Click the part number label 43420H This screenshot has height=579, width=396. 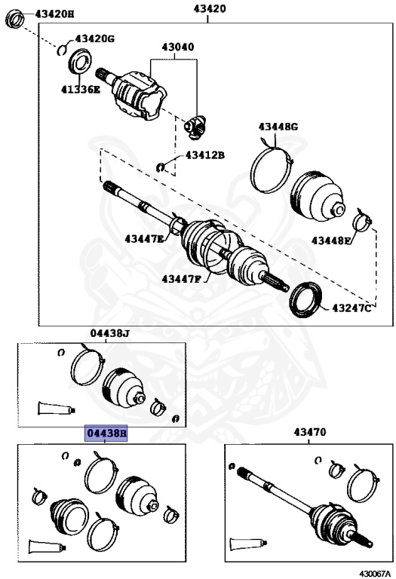[53, 14]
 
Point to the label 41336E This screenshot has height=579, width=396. [81, 88]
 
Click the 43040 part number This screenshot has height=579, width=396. [177, 47]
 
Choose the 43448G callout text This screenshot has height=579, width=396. [278, 126]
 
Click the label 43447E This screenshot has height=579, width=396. [145, 238]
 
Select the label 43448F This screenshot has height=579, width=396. [332, 240]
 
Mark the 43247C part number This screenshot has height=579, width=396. [351, 307]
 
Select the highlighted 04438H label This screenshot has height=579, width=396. [106, 433]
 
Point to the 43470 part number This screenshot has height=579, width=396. [309, 433]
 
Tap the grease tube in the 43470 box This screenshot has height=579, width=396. [249, 544]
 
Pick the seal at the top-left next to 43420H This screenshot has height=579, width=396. [14, 18]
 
